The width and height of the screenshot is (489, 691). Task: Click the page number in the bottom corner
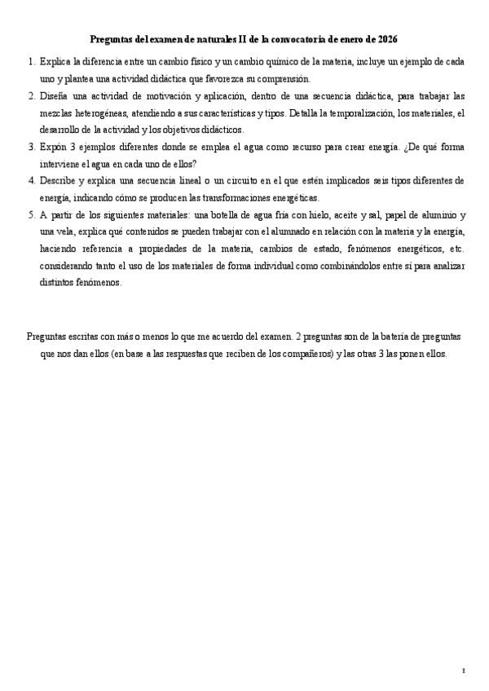(463, 671)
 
